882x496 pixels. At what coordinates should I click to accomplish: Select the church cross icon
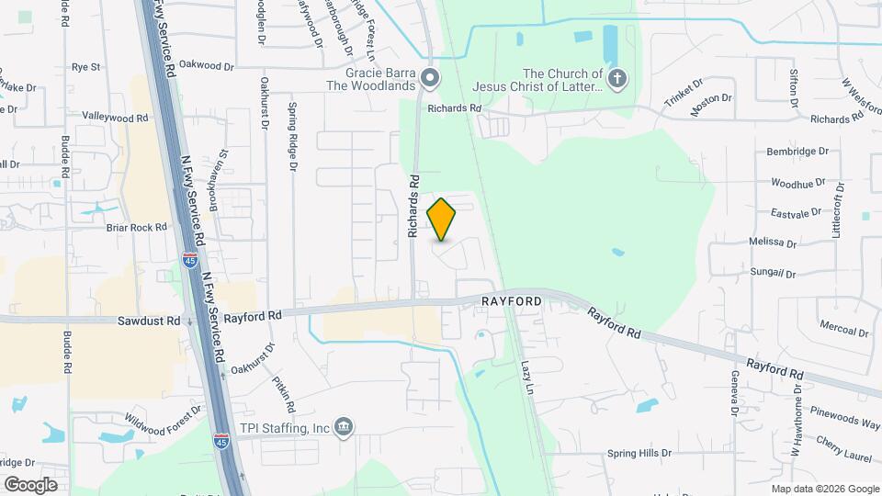617,79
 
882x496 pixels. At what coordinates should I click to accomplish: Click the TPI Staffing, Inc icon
343,427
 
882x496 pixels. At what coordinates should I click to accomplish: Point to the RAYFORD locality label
512,301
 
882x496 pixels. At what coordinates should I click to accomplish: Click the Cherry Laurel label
843,444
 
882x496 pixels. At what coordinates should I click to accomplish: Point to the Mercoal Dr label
843,331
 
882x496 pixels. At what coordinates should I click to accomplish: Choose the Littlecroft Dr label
837,210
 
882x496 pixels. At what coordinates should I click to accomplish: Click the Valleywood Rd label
115,118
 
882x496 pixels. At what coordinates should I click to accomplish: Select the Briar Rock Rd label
136,227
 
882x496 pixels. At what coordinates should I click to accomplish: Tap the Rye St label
85,67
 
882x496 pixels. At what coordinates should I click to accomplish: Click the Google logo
30,485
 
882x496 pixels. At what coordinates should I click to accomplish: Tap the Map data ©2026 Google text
825,489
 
